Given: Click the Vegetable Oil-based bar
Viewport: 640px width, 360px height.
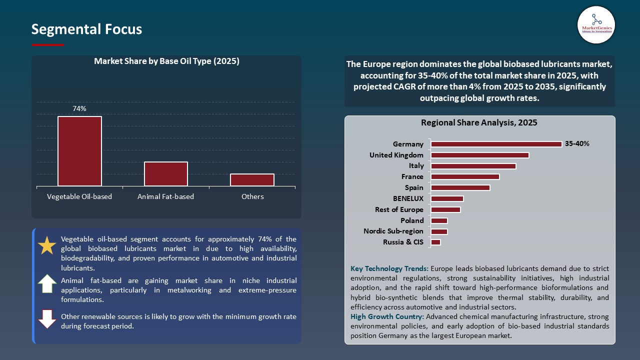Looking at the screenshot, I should pyautogui.click(x=79, y=151).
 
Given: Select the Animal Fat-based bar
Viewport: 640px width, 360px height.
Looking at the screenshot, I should pyautogui.click(x=166, y=174).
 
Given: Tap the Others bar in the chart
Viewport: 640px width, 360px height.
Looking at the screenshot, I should pyautogui.click(x=252, y=180).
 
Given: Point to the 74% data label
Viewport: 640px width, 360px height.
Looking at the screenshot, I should pyautogui.click(x=79, y=108).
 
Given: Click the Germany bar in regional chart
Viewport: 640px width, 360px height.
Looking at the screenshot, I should pyautogui.click(x=496, y=144).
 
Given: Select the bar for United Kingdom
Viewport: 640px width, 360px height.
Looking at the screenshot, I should pyautogui.click(x=480, y=155).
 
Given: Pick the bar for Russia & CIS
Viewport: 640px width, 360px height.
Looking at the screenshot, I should pyautogui.click(x=435, y=242).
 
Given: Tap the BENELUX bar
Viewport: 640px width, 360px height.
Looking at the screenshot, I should pyautogui.click(x=447, y=198).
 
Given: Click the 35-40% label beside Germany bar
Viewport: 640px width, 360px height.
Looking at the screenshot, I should pyautogui.click(x=577, y=144).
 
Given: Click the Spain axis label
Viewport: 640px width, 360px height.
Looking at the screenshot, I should pyautogui.click(x=414, y=188).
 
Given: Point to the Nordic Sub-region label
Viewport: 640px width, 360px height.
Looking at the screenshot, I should pyautogui.click(x=393, y=231).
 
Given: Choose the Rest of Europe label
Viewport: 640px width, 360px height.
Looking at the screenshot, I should pyautogui.click(x=399, y=210).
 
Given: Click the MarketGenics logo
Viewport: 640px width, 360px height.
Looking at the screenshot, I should pyautogui.click(x=596, y=24).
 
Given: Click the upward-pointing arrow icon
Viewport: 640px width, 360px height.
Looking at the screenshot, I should pyautogui.click(x=47, y=283).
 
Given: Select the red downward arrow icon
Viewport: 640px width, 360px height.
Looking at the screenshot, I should pyautogui.click(x=47, y=319).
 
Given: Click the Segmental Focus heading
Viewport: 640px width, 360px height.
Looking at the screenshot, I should pyautogui.click(x=86, y=29).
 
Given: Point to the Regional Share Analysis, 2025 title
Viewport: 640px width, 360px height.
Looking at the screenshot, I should pyautogui.click(x=479, y=122).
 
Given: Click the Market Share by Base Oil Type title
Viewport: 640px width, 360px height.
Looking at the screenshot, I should pyautogui.click(x=166, y=61).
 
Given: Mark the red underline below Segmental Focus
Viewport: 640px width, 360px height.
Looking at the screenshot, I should pyautogui.click(x=47, y=45).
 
